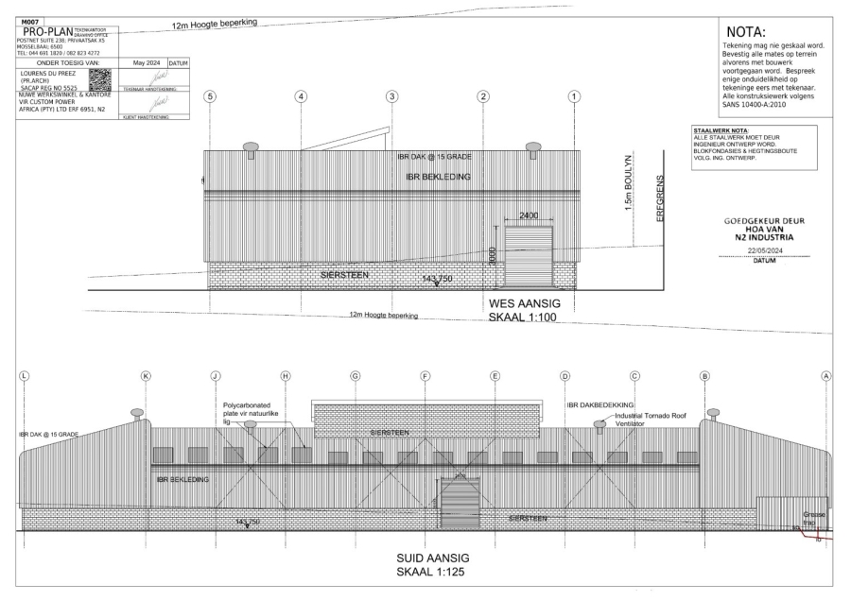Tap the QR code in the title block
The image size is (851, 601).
pyautogui.click(x=99, y=79)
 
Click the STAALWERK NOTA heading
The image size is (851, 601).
pyautogui.click(x=721, y=129)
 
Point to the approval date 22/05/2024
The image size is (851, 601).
pyautogui.click(x=764, y=250)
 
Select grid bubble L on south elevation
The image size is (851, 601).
pyautogui.click(x=25, y=375)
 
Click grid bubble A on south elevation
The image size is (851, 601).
pyautogui.click(x=827, y=375)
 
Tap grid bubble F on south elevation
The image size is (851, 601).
pyautogui.click(x=425, y=375)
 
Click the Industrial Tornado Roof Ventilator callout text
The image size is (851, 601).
pyautogui.click(x=652, y=421)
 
